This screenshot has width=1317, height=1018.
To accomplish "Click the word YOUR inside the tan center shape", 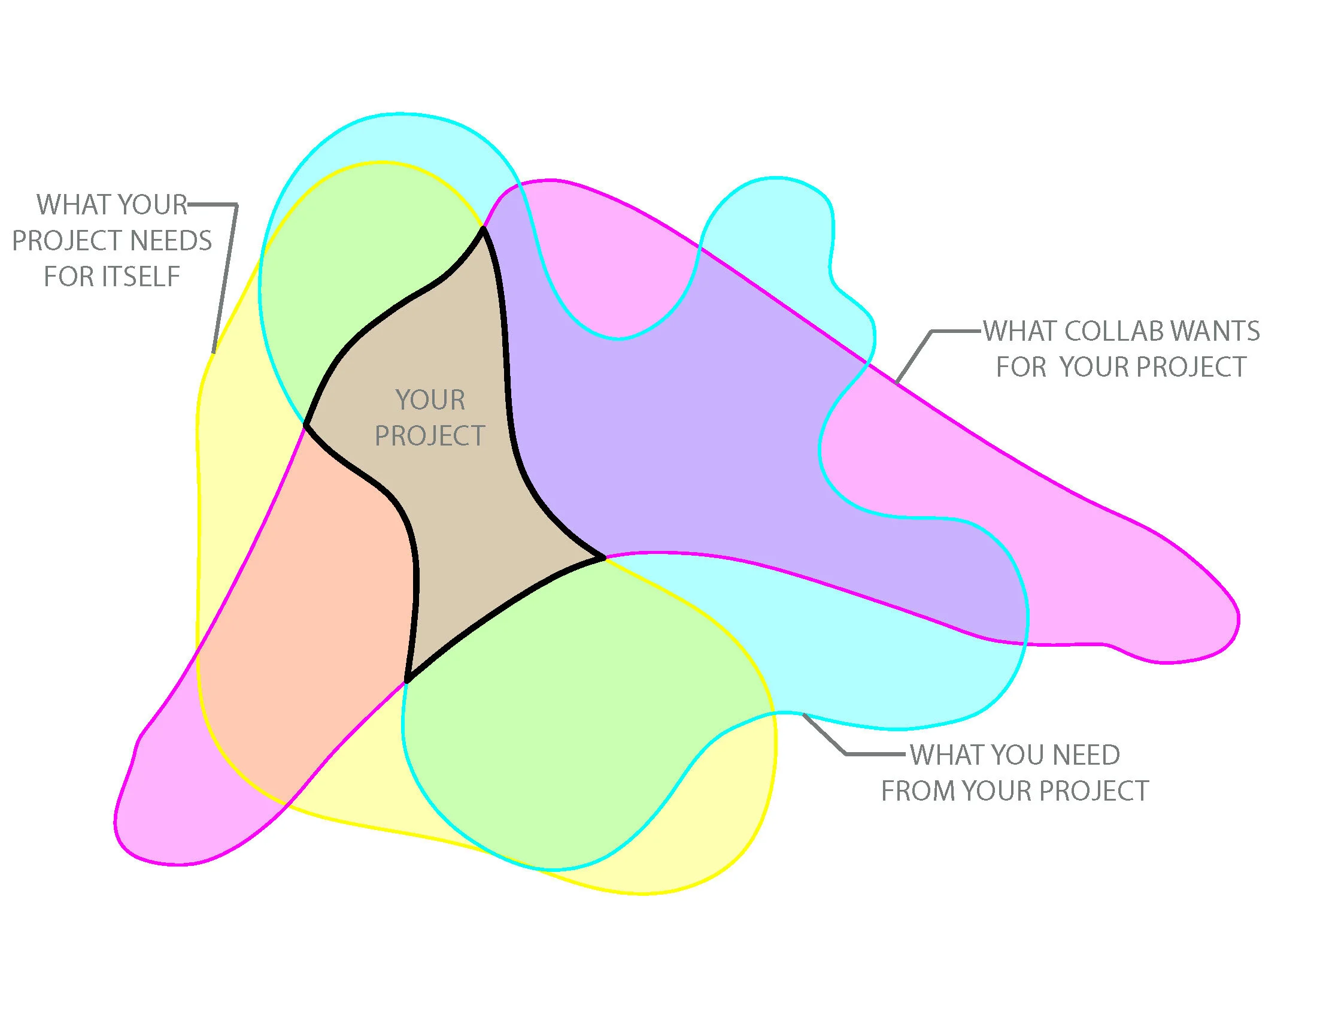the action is pyautogui.click(x=430, y=401).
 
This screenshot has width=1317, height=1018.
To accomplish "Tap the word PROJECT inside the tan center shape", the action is pyautogui.click(x=430, y=436).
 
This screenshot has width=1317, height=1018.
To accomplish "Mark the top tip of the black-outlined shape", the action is pyautogui.click(x=483, y=229).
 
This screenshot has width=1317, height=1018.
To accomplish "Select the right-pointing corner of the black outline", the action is pyautogui.click(x=603, y=558).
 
